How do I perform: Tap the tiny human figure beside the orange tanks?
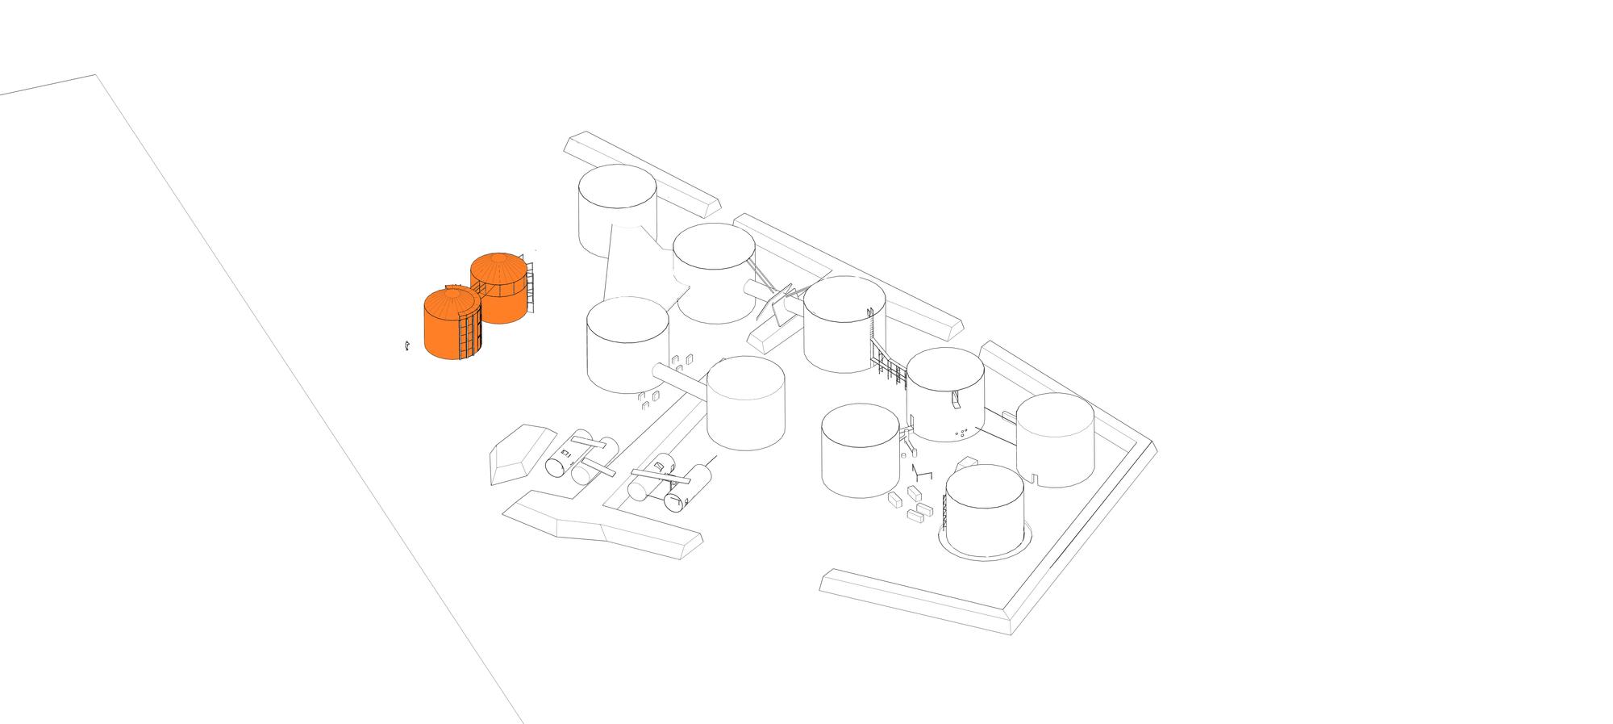coord(407,345)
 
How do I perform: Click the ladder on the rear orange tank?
coord(531,287)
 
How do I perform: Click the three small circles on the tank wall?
coord(961,434)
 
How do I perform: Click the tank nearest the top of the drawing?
coord(617,210)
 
